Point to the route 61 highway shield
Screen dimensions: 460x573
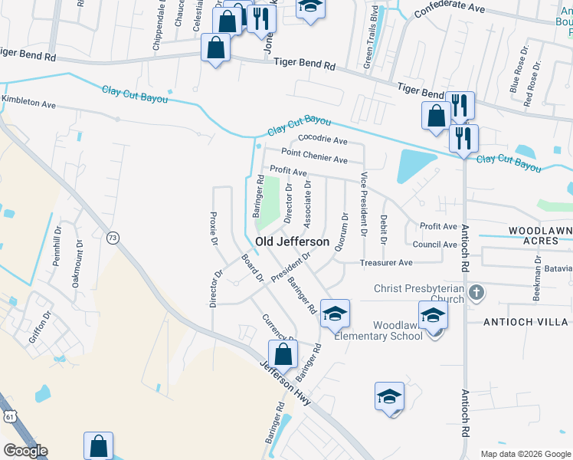[x=8, y=415]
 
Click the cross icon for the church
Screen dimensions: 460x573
[x=476, y=292]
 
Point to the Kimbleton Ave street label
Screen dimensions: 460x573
[x=29, y=102]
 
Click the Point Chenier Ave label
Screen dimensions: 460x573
[x=314, y=156]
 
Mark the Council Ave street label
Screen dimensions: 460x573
[x=434, y=245]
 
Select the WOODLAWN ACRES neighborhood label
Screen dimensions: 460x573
[x=540, y=235]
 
